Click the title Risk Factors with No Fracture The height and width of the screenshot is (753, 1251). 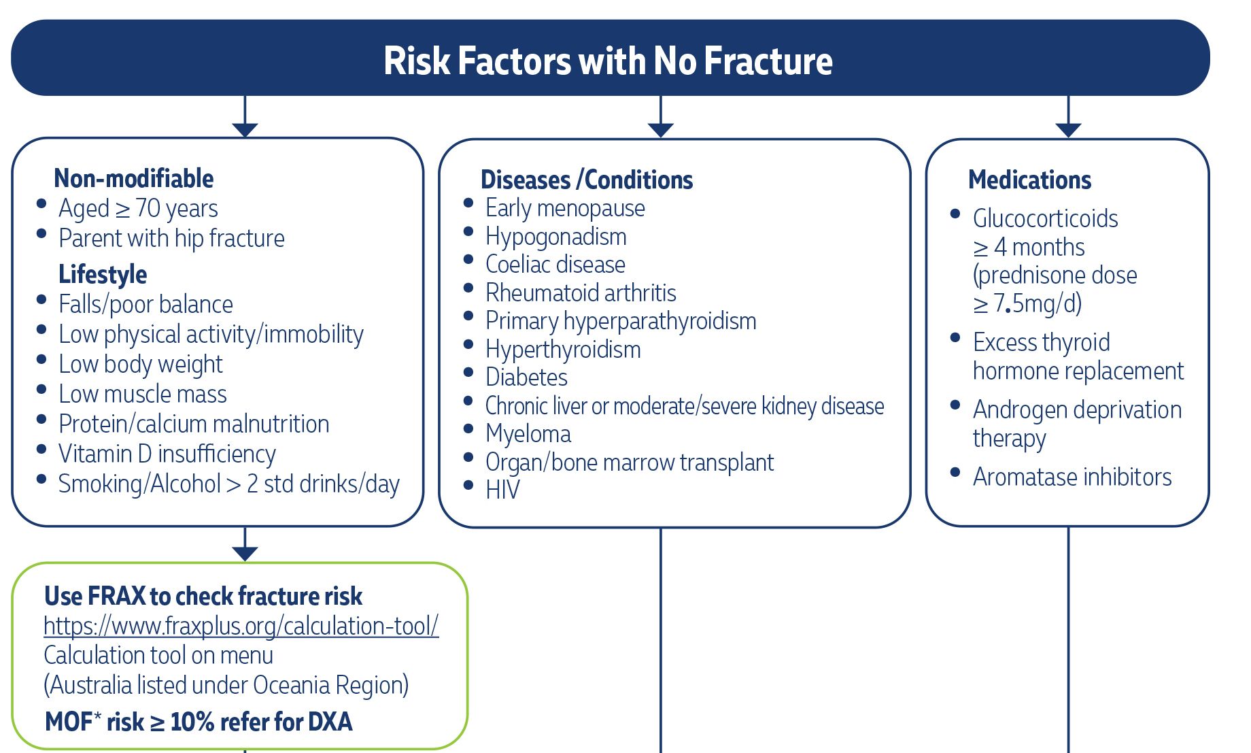(x=608, y=61)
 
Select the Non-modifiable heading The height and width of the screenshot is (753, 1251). (x=134, y=178)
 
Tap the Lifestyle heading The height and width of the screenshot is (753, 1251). (x=103, y=274)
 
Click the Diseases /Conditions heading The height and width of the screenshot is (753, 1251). (x=587, y=180)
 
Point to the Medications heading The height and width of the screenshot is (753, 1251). (x=1029, y=180)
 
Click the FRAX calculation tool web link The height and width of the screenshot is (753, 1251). (x=241, y=626)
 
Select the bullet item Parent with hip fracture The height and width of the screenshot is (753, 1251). (x=171, y=238)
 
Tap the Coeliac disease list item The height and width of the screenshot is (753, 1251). (x=555, y=264)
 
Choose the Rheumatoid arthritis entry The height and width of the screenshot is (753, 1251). (x=581, y=292)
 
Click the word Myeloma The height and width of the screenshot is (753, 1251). (x=528, y=434)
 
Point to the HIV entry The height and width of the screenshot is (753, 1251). (x=502, y=490)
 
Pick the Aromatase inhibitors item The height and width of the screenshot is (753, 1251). (x=1072, y=477)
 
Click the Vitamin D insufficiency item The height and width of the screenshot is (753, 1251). (x=167, y=454)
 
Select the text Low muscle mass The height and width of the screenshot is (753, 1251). (x=143, y=394)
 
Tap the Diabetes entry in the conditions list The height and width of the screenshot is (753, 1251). (x=526, y=377)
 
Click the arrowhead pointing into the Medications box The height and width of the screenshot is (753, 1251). (x=1068, y=130)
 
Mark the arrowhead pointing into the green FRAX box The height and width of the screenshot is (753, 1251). (x=245, y=554)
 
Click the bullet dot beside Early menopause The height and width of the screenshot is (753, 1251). (x=468, y=203)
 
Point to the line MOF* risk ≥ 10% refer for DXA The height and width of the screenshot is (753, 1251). (x=199, y=722)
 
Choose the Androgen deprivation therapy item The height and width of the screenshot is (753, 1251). (x=1077, y=424)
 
